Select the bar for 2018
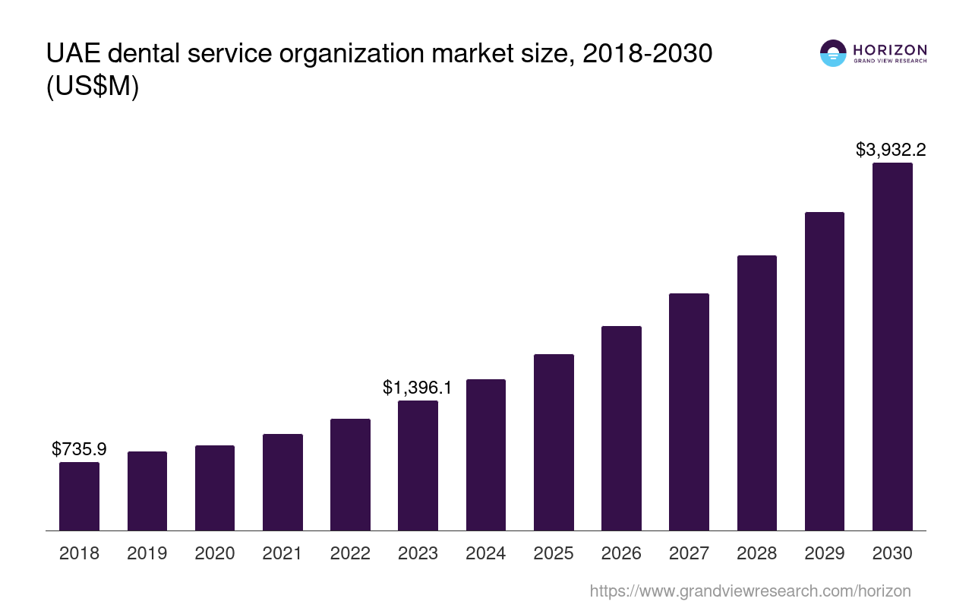79,496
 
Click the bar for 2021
282,482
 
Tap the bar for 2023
418,465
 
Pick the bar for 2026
621,428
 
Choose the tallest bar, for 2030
892,347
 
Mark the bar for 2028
756,393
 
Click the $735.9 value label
79,449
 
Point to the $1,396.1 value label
418,388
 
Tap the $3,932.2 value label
891,150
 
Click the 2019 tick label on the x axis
147,553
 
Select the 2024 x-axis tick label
485,553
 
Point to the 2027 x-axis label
689,553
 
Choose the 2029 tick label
825,553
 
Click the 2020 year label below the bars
215,553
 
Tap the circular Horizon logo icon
833,53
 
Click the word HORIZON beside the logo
890,49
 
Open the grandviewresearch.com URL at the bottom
750,591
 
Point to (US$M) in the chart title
93,87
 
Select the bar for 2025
554,442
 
